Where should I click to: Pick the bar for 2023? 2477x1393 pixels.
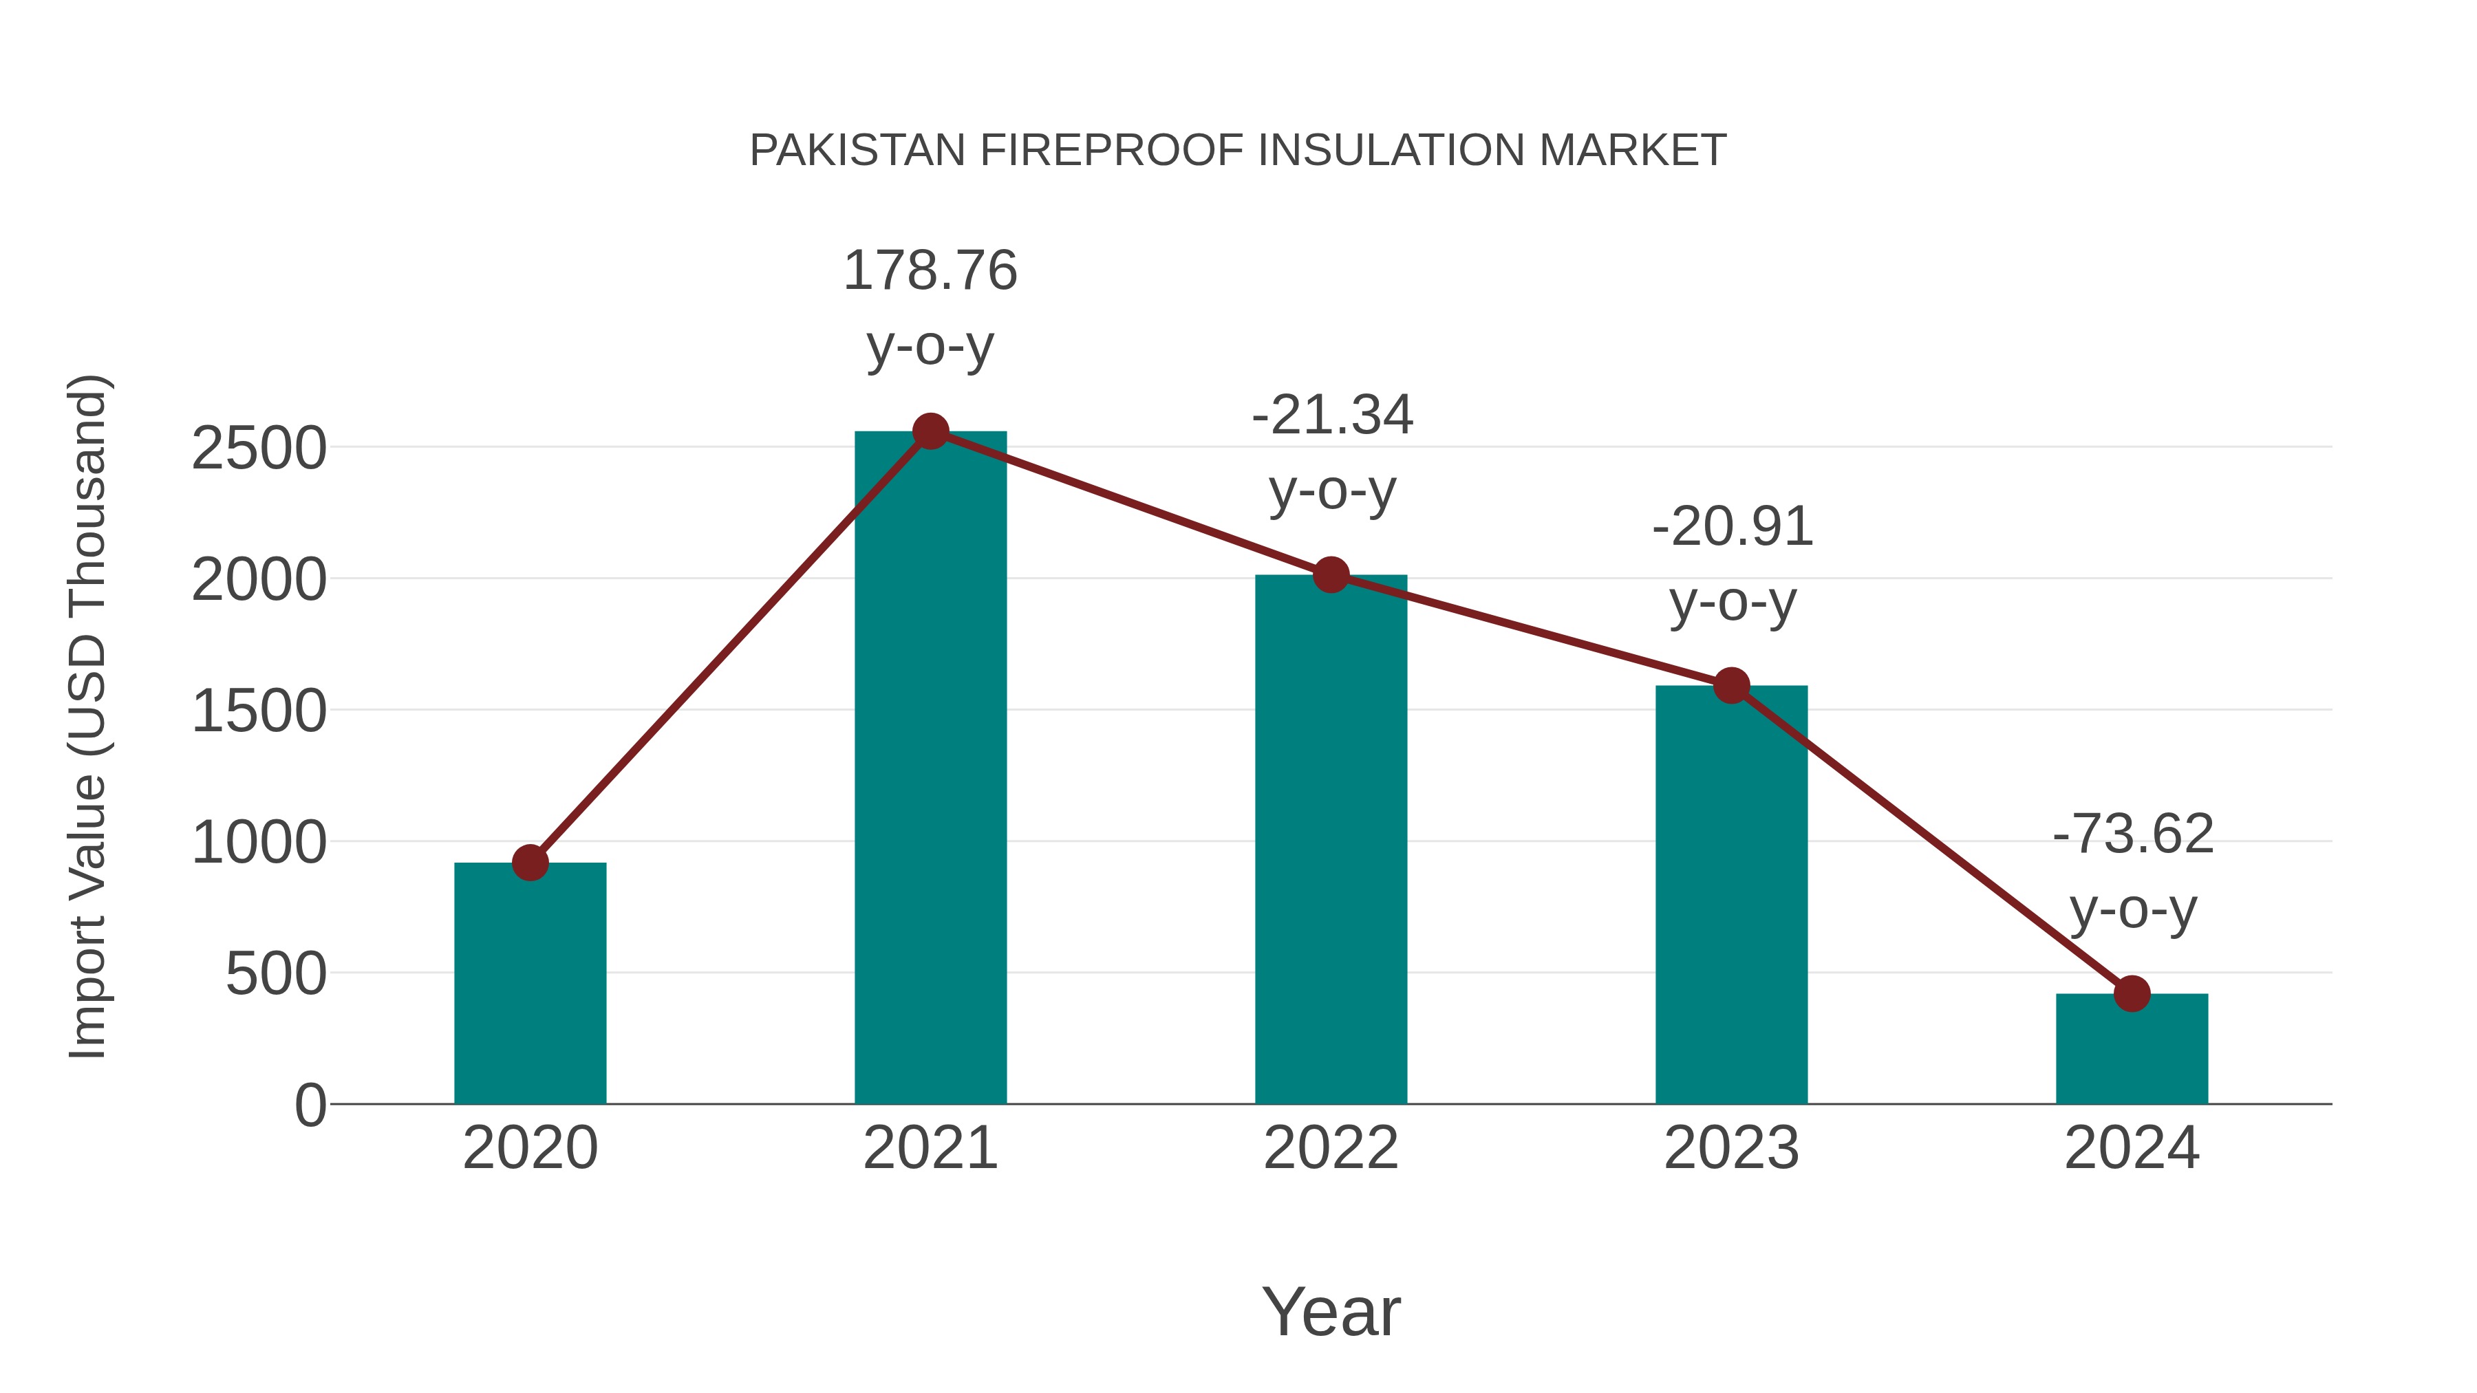click(x=1731, y=894)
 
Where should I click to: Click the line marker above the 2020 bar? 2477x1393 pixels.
click(x=530, y=863)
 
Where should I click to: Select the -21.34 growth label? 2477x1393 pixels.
click(x=1332, y=416)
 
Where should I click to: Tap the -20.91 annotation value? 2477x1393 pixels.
click(x=1732, y=528)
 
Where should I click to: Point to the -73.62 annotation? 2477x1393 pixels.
click(x=2133, y=834)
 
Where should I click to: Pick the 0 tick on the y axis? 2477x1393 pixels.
click(x=310, y=1105)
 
